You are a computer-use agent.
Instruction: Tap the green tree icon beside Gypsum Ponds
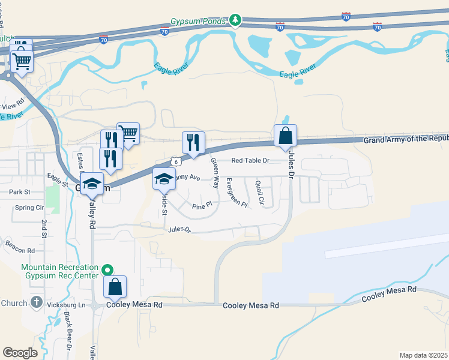pyautogui.click(x=237, y=21)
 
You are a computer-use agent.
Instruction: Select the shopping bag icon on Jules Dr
pyautogui.click(x=285, y=136)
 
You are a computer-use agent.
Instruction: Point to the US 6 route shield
pyautogui.click(x=174, y=161)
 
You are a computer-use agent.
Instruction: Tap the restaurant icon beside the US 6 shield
pyautogui.click(x=193, y=143)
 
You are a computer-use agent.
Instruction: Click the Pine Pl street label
pyautogui.click(x=202, y=206)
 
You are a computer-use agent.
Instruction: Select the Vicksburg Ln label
pyautogui.click(x=66, y=305)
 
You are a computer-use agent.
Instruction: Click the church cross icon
pyautogui.click(x=36, y=302)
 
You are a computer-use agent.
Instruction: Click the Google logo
pyautogui.click(x=20, y=352)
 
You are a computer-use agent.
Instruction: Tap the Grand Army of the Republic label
pyautogui.click(x=406, y=139)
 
